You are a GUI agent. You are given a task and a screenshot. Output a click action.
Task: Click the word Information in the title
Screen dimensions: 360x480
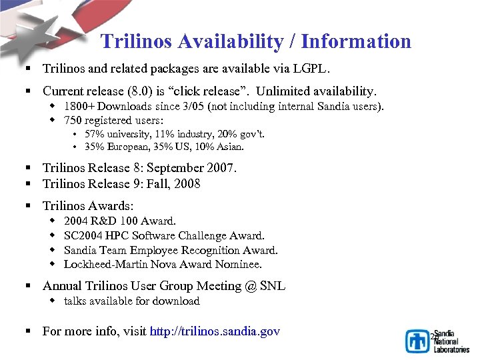(x=356, y=41)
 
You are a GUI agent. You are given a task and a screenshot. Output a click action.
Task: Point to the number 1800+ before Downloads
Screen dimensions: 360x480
(x=79, y=107)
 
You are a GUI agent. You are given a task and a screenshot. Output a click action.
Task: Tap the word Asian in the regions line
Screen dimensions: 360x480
(x=229, y=147)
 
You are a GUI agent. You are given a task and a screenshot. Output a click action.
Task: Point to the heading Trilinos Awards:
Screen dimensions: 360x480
(x=88, y=206)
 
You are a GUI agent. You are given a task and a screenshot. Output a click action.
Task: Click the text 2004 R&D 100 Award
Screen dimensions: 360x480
(x=120, y=221)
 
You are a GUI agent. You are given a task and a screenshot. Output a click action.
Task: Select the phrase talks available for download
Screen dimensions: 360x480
(x=132, y=301)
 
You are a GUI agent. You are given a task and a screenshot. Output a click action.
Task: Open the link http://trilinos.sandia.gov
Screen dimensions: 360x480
(x=215, y=331)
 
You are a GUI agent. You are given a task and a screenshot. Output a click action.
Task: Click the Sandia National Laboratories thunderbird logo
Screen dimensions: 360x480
(x=417, y=341)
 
